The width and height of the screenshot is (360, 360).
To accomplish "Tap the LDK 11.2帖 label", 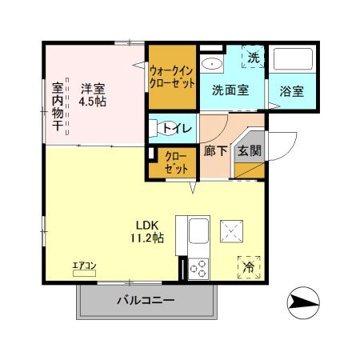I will click(148, 230).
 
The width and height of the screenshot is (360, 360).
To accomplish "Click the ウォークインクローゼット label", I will click(171, 77).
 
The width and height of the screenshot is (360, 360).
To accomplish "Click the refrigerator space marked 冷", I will click(249, 266).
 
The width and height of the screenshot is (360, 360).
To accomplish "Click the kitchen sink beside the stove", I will click(197, 235).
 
